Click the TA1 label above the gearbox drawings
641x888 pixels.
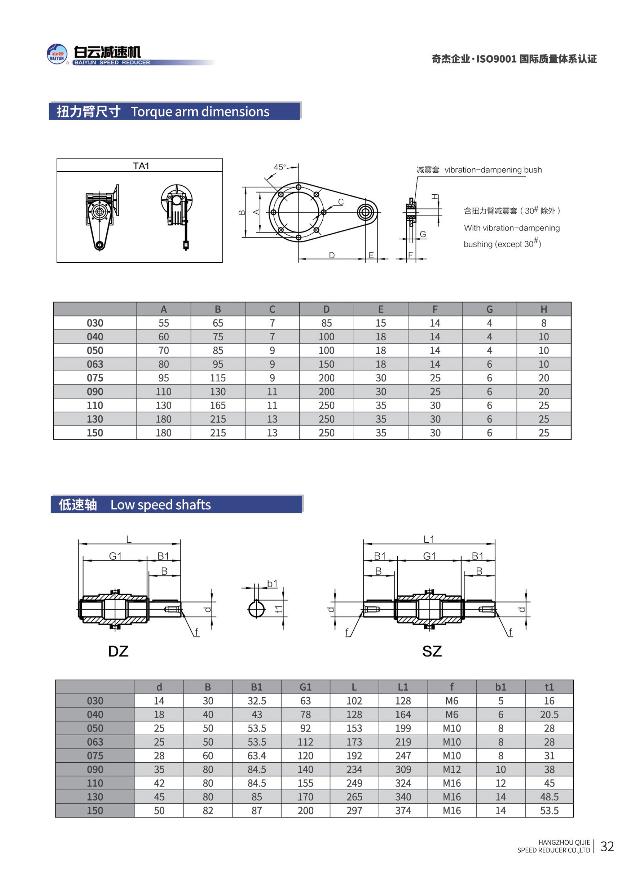141,166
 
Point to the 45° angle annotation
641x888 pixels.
280,167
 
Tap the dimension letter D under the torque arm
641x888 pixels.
332,255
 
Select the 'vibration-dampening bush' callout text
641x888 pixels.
493,170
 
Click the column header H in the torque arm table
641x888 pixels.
543,309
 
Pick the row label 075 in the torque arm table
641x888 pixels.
95,378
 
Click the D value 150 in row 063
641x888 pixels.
326,364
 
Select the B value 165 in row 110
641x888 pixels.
218,405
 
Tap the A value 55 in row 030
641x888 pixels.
164,323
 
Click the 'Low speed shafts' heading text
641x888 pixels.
161,505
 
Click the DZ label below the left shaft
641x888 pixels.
118,651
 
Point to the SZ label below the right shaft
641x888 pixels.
432,651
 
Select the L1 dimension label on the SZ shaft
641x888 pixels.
429,539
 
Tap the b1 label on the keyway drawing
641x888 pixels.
272,584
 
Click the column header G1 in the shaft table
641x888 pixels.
305,687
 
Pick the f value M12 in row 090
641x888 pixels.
452,769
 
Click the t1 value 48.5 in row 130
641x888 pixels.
549,797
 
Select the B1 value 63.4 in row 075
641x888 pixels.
256,756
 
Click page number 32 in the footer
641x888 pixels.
606,846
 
